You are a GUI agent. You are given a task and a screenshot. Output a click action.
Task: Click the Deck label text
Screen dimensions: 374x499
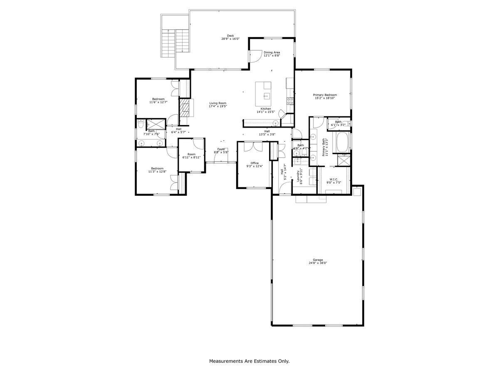click(x=230, y=36)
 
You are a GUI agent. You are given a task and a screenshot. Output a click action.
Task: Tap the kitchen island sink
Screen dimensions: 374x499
click(x=267, y=96)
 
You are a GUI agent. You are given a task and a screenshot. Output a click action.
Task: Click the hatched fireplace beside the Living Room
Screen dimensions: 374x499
click(x=185, y=108)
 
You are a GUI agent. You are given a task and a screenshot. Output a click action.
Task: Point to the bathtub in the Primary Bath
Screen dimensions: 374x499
click(x=343, y=143)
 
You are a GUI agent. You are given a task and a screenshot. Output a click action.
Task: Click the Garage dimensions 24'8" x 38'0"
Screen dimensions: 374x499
click(x=318, y=263)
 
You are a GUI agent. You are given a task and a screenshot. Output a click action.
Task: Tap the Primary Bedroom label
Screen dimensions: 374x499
click(x=325, y=95)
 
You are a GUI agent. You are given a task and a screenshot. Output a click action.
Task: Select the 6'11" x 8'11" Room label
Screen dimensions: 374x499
click(x=191, y=154)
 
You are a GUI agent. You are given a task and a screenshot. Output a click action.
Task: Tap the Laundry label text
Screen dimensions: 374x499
click(x=298, y=176)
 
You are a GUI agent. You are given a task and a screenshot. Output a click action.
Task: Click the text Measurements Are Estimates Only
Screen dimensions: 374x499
click(x=249, y=361)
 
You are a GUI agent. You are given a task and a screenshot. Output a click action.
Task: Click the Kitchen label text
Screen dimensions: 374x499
click(x=263, y=108)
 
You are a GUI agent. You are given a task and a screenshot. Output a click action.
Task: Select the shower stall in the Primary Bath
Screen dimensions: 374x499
click(x=343, y=160)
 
